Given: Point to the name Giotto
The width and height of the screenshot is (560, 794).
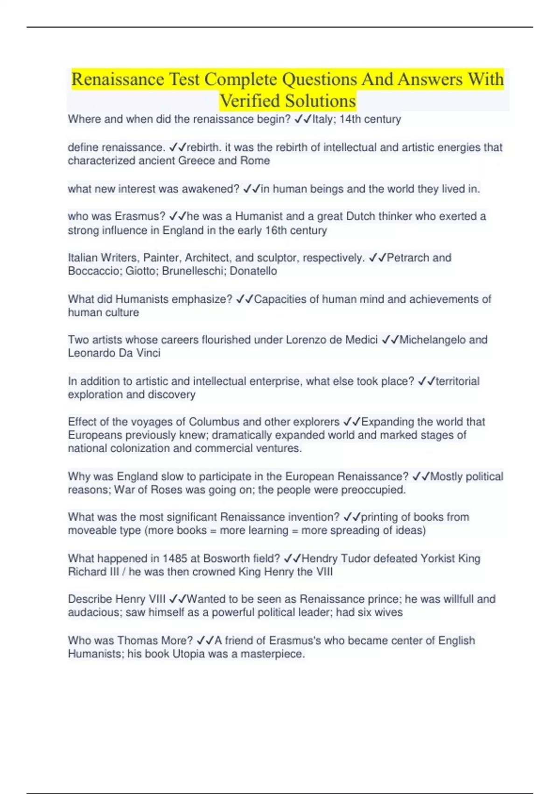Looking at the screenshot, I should click(x=140, y=271).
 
